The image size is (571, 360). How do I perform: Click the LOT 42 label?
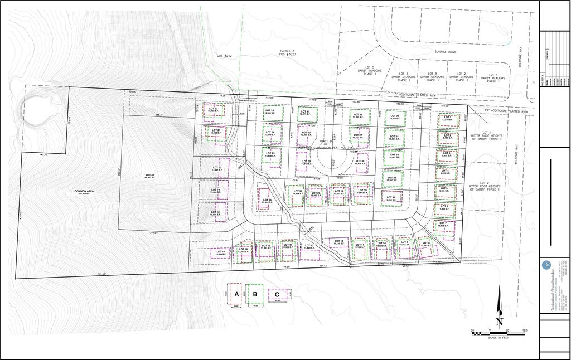click(x=148, y=176)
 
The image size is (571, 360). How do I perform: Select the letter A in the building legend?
click(x=236, y=294)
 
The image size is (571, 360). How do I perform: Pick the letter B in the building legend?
click(x=255, y=294)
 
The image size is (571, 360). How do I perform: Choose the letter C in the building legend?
click(x=277, y=294)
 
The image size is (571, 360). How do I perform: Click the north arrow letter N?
click(x=500, y=322)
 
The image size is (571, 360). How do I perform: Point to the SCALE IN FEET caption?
click(x=498, y=338)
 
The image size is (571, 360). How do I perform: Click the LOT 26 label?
click(x=266, y=200)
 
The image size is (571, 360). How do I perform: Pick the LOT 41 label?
click(x=304, y=112)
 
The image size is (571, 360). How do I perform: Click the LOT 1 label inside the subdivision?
click(x=448, y=118)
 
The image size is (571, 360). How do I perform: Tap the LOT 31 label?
click(x=390, y=197)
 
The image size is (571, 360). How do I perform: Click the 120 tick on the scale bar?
click(x=524, y=330)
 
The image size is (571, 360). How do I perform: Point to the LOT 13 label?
click(x=308, y=245)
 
